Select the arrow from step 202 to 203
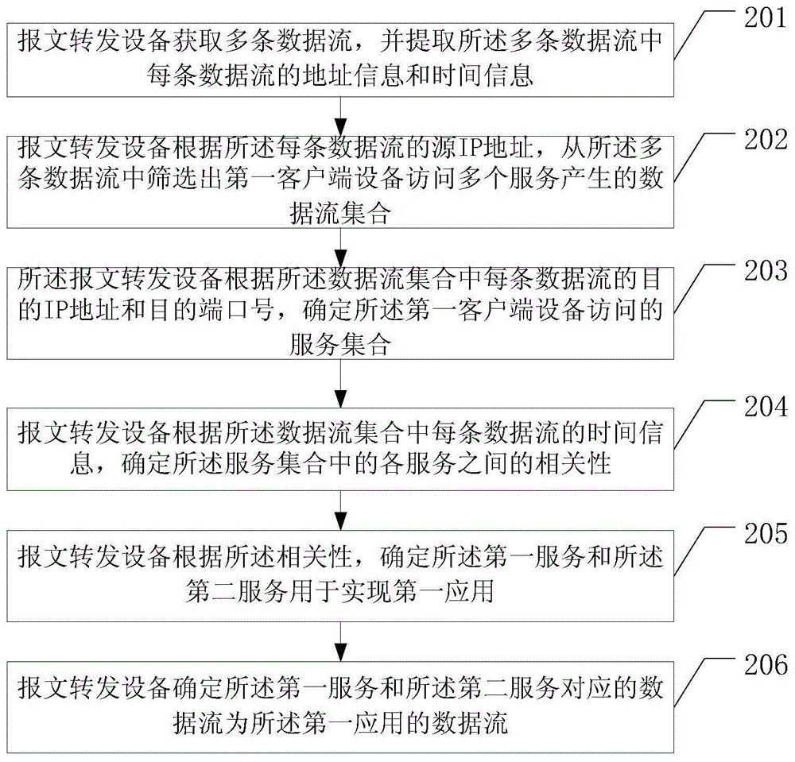[x=341, y=248]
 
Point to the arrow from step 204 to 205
[x=341, y=512]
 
